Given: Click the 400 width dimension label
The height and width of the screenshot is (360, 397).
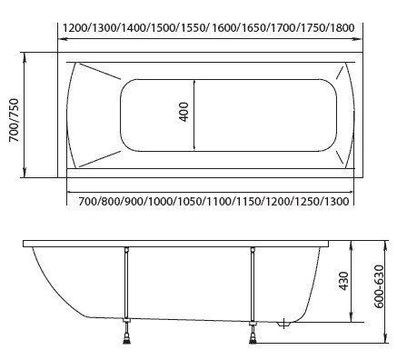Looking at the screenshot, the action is pos(184,112).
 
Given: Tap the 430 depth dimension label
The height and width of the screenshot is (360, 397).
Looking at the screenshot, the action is pos(343,281).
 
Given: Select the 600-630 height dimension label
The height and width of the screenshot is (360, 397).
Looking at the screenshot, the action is pos(379,286).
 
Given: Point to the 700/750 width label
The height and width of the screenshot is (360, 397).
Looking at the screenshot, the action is pos(14,120).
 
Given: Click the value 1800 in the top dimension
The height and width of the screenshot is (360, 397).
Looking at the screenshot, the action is pos(342,28).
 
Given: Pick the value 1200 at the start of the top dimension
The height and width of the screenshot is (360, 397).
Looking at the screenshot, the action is pos(75,28).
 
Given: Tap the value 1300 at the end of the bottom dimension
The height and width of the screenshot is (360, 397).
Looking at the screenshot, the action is pos(337,201).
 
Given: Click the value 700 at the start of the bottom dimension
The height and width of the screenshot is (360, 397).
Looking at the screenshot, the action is pos(88,201).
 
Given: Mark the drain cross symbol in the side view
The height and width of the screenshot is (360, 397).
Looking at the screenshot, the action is pos(283,324).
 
